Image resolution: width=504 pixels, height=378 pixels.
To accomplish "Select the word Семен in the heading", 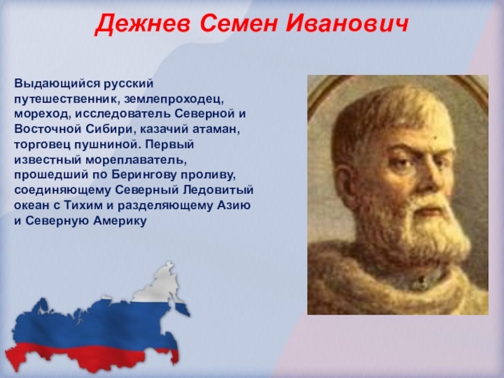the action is [238, 23].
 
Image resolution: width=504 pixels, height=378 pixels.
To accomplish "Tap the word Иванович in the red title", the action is [347, 23].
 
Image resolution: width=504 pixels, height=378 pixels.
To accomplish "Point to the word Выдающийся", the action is [57, 84].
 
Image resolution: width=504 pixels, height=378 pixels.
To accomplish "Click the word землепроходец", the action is [174, 100].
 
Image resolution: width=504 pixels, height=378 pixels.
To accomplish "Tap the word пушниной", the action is [108, 144].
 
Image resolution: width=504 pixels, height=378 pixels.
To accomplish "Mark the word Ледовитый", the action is [218, 190].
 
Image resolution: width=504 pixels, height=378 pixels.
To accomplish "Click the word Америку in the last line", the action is [120, 221].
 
